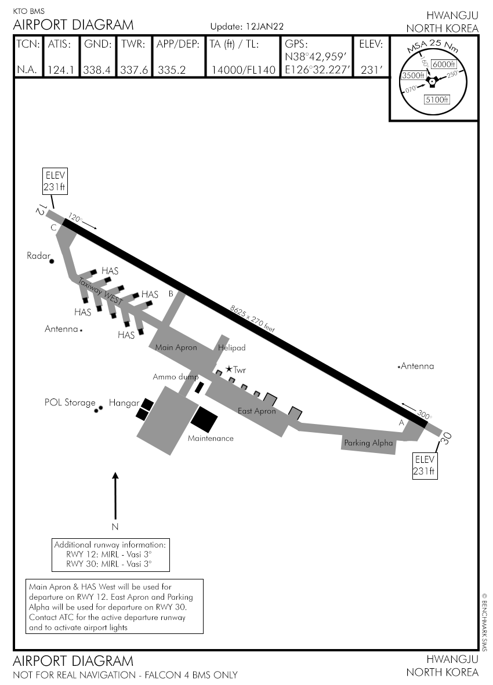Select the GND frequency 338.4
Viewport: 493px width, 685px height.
97,70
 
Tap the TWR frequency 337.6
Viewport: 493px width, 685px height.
134,70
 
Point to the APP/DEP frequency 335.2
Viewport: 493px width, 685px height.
172,70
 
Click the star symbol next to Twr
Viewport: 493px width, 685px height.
229,369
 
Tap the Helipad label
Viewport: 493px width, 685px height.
232,348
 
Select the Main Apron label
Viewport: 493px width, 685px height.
176,348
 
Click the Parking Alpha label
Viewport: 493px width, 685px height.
368,443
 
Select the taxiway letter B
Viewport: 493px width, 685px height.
171,293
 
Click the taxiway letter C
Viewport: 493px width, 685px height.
53,228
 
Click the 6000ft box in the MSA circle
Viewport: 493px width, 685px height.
444,64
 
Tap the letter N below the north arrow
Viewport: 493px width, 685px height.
115,527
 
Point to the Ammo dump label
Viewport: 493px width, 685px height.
175,377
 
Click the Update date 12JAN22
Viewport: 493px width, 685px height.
264,27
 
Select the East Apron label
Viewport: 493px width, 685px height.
257,411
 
